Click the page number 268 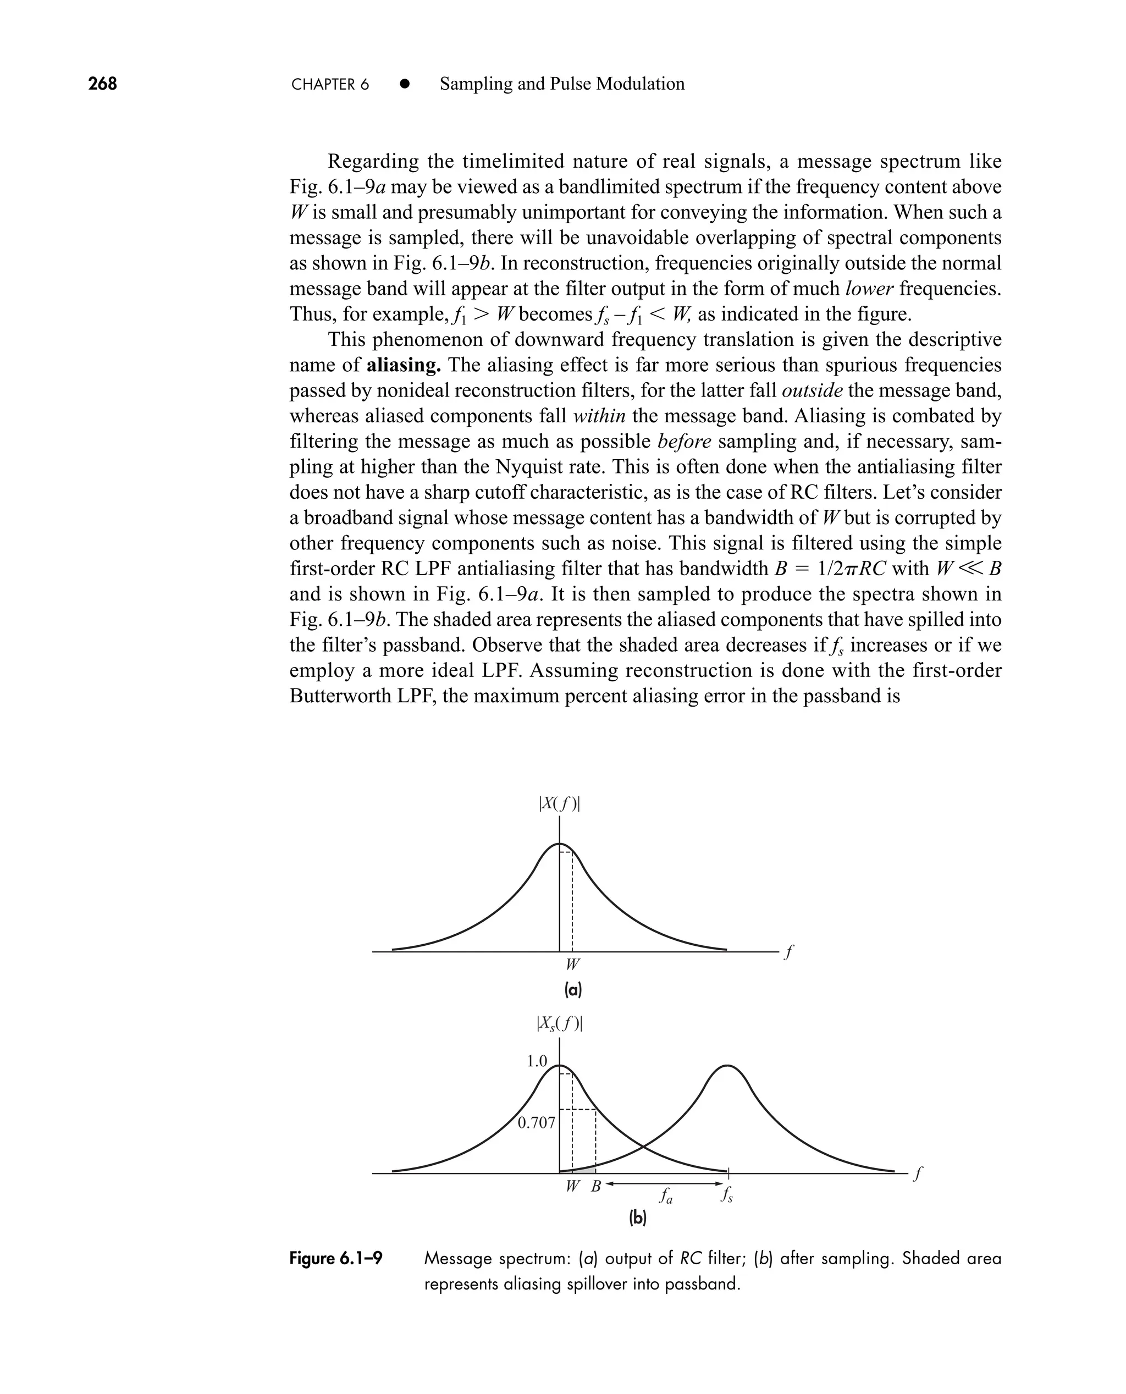[102, 84]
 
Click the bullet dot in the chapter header [405, 84]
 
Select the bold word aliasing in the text [404, 365]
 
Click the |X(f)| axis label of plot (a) [559, 805]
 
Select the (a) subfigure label [573, 990]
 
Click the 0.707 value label [537, 1123]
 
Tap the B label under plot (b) [595, 1187]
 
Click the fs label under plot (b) [726, 1195]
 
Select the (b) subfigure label [638, 1219]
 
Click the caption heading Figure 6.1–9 [335, 1259]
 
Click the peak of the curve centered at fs [728, 1066]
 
